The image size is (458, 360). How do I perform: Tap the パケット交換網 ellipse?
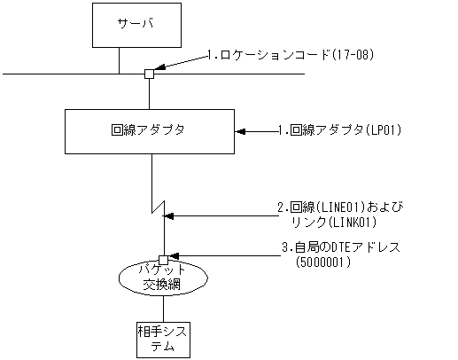(161, 279)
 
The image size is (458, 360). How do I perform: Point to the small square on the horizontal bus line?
(149, 74)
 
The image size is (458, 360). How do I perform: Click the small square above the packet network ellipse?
(163, 258)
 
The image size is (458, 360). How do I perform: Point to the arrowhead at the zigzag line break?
(170, 214)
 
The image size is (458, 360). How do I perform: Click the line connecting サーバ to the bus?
(120, 59)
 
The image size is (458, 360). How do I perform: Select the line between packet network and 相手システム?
(163, 310)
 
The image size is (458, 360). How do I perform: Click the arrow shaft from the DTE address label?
(221, 256)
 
